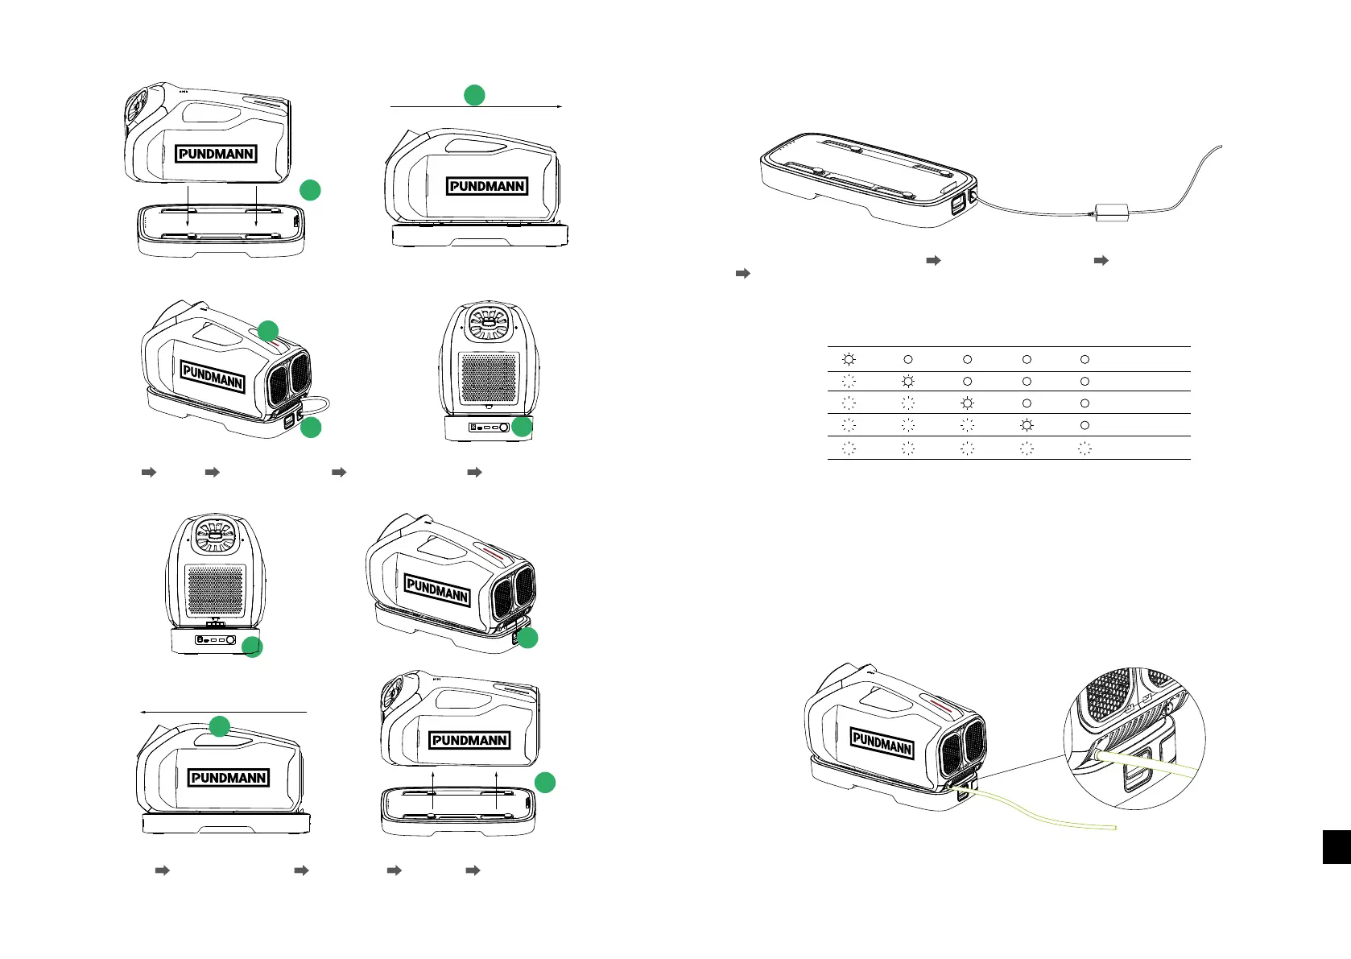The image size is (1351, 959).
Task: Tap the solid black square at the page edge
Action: click(1336, 847)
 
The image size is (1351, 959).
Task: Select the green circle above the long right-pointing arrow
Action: click(474, 95)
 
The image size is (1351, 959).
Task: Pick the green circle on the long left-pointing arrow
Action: click(220, 726)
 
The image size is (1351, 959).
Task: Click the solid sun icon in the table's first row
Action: click(848, 359)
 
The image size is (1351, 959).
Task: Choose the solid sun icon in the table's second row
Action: click(908, 381)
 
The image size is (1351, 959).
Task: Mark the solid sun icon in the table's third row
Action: click(967, 403)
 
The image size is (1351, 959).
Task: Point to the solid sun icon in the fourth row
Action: click(1027, 424)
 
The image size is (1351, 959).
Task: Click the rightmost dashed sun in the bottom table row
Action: click(1085, 449)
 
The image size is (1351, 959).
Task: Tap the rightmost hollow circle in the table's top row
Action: click(1085, 359)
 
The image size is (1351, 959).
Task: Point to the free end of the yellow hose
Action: click(1114, 829)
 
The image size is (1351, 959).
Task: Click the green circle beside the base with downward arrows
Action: click(310, 190)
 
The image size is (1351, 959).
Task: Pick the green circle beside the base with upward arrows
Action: click(545, 782)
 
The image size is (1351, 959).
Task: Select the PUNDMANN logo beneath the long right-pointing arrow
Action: click(487, 186)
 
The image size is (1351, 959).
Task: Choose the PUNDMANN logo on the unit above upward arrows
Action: click(469, 740)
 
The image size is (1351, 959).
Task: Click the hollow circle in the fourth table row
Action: click(1085, 424)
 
